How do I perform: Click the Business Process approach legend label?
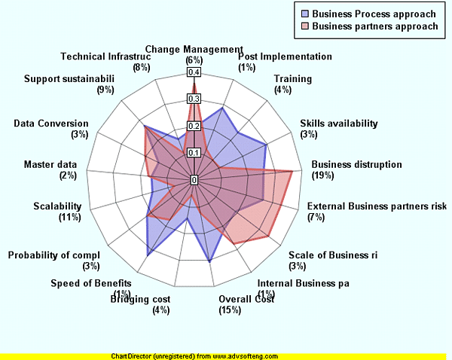pos(374,14)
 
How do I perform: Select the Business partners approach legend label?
pos(374,26)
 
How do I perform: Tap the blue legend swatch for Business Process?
pos(305,14)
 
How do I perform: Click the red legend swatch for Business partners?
pos(305,26)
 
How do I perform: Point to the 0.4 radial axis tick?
pos(194,72)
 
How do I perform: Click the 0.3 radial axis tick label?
pos(194,99)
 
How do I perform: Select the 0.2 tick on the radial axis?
pos(194,126)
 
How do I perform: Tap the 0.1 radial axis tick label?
pos(194,153)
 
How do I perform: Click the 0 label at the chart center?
pos(194,180)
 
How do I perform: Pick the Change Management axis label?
pos(194,50)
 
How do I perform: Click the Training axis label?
pos(293,79)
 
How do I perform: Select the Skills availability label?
pos(339,124)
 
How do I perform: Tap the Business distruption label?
pos(357,164)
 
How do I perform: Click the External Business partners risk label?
pos(377,206)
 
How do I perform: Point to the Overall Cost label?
pos(246,299)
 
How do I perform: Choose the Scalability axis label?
pos(57,206)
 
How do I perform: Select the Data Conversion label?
pos(51,124)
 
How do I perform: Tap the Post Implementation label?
pos(285,56)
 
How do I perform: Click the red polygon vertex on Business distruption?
pos(292,172)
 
